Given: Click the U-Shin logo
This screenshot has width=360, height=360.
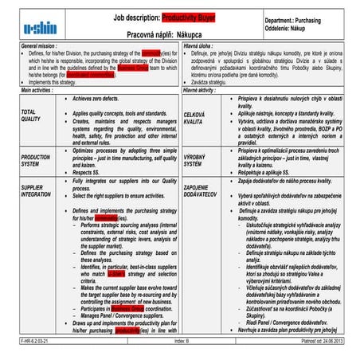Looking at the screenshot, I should coord(40,25).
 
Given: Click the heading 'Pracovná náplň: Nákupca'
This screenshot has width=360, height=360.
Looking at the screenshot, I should coord(166,36).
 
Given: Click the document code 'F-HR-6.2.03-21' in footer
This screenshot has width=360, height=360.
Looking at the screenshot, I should coord(22,340).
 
